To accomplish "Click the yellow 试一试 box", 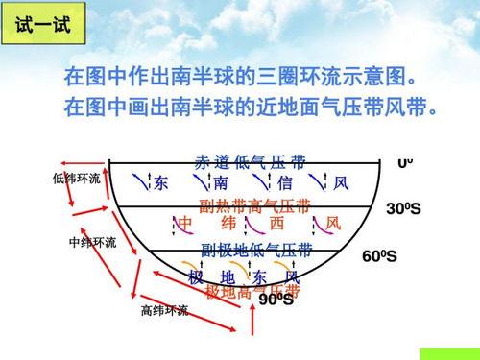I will click(43, 24).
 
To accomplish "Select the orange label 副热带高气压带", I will click(254, 205).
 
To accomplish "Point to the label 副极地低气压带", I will click(255, 251).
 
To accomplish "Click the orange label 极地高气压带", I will click(252, 290).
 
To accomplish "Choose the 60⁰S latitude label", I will click(380, 257).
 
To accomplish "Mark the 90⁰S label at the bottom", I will click(276, 300).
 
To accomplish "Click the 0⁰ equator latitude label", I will click(405, 163).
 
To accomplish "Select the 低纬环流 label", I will click(77, 180).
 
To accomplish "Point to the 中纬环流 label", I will click(92, 242).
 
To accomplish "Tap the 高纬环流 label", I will click(164, 310).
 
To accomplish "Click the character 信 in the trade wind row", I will click(285, 182).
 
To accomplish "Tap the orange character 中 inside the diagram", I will click(186, 224).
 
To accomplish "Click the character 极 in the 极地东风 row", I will click(196, 277).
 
